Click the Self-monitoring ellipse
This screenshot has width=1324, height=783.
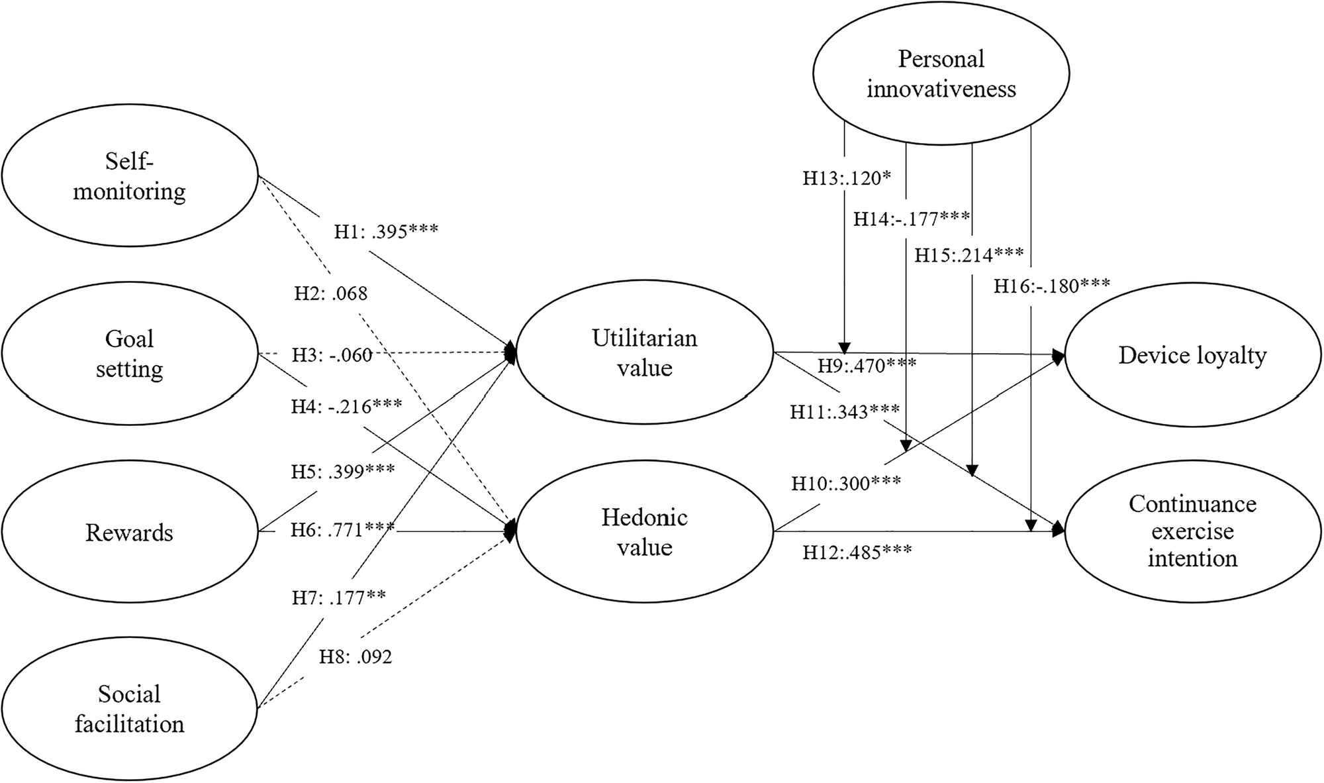(129, 176)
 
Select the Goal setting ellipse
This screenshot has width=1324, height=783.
(129, 354)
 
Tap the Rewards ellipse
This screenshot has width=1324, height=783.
(129, 532)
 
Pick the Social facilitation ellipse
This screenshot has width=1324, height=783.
(129, 709)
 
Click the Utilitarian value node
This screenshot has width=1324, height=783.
(644, 353)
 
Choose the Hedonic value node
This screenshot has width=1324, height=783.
(644, 532)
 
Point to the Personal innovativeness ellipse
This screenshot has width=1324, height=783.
(941, 74)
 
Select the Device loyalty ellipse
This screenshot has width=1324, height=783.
(1192, 356)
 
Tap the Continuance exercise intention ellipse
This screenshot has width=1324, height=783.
(1192, 531)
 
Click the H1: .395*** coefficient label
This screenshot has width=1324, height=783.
(386, 231)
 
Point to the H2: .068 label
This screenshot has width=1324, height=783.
(331, 293)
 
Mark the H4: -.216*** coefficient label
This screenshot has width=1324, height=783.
(346, 405)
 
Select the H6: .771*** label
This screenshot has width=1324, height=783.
(343, 530)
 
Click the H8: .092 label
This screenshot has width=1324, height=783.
(355, 656)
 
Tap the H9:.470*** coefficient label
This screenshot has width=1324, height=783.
(867, 365)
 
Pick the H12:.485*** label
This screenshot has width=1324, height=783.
(857, 552)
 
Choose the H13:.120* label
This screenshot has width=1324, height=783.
(847, 178)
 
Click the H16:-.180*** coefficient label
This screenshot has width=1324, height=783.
(1051, 286)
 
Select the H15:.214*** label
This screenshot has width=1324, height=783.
(969, 254)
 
